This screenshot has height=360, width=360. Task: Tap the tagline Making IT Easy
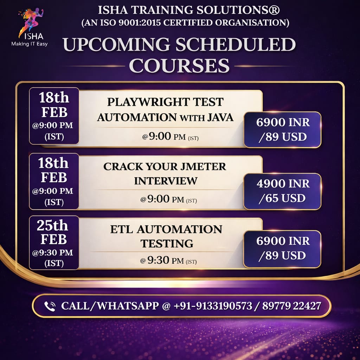[x=30, y=44]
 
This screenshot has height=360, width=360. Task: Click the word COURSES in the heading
[x=179, y=65]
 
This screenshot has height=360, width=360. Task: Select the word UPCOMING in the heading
[x=116, y=44]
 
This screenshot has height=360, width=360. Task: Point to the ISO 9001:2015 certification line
[x=185, y=23]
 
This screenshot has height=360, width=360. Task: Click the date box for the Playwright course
[x=54, y=116]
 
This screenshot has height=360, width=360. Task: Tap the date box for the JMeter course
[x=54, y=181]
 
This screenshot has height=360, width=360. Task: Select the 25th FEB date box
[x=54, y=243]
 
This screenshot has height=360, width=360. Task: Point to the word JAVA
[x=220, y=117]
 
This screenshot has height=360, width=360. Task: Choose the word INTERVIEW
[x=166, y=181]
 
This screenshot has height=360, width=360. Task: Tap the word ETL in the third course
[x=121, y=229]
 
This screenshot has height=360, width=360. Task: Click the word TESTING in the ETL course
[x=167, y=244]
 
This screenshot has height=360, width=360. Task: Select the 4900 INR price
[x=283, y=184]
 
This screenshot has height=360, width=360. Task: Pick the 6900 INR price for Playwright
[x=283, y=122]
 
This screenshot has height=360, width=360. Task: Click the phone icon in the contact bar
[x=50, y=306]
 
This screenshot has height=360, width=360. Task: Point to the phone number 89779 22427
[x=291, y=306]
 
